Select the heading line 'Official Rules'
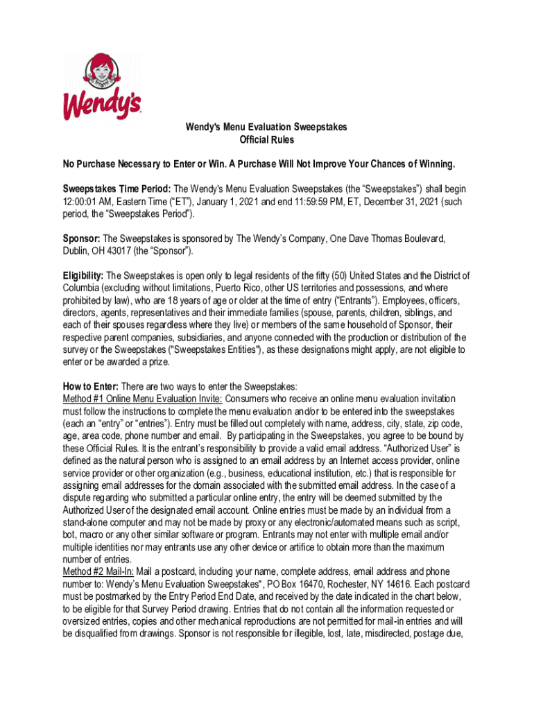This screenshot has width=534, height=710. point(266,140)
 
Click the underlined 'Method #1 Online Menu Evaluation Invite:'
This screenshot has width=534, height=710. point(142,399)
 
